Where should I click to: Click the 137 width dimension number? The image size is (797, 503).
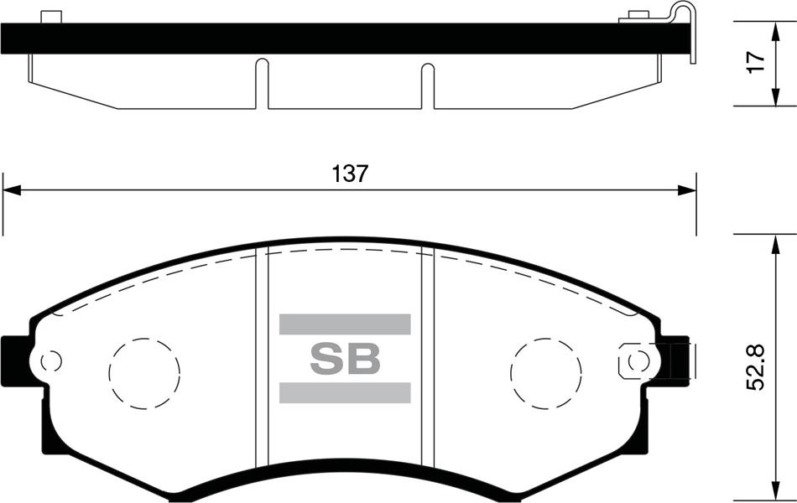tap(350, 174)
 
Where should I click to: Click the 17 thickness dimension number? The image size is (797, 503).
tap(757, 62)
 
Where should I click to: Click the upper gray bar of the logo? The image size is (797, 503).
tap(345, 324)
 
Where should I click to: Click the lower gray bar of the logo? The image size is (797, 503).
tap(345, 392)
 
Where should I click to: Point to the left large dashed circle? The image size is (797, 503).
tap(145, 372)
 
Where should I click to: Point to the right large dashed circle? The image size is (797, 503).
tap(546, 372)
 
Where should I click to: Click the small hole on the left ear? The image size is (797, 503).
tap(51, 361)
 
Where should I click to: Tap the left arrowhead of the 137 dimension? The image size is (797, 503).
tap(10, 191)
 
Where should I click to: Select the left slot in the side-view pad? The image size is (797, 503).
tap(262, 82)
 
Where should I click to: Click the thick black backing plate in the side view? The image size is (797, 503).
tap(336, 39)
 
